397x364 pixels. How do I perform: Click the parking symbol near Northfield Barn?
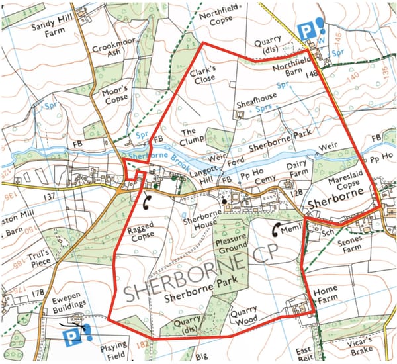click(305, 30)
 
